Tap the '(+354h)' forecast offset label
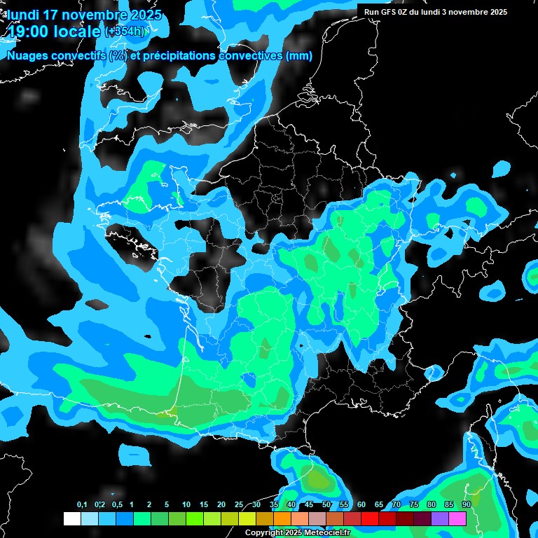click(126, 31)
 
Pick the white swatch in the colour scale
click(72, 518)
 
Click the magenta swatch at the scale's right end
click(457, 518)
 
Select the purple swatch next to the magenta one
click(440, 518)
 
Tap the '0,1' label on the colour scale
click(82, 504)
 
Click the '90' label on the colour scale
click(466, 504)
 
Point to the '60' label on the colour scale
click(361, 504)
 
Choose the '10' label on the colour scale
click(186, 504)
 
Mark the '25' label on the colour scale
click(238, 504)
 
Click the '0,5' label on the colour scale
click(117, 504)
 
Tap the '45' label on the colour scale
click(308, 504)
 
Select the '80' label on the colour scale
click(431, 504)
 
